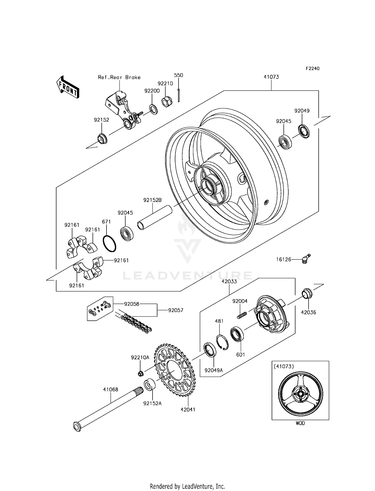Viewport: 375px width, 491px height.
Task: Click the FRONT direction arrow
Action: pyautogui.click(x=68, y=87)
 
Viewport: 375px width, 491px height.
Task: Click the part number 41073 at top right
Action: pyautogui.click(x=271, y=77)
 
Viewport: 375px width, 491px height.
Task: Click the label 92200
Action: pyautogui.click(x=152, y=91)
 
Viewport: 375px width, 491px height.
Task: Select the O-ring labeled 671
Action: pyautogui.click(x=109, y=243)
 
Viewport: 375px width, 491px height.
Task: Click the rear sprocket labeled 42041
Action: pyautogui.click(x=175, y=370)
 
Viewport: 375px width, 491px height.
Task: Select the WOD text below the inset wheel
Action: pyautogui.click(x=300, y=423)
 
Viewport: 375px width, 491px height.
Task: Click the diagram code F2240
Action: pyautogui.click(x=312, y=69)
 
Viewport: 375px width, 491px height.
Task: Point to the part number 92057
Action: pyautogui.click(x=175, y=310)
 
